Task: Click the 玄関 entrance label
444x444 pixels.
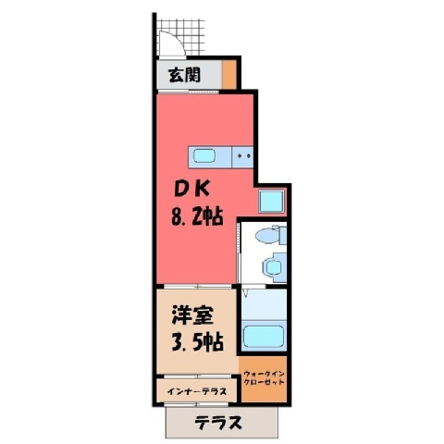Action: click(x=184, y=75)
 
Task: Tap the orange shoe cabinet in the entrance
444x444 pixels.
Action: click(x=228, y=74)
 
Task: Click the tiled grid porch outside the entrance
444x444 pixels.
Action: click(x=181, y=37)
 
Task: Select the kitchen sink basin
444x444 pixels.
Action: click(x=203, y=156)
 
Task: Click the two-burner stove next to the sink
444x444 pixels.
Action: click(x=242, y=157)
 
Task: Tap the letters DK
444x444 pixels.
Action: click(x=191, y=189)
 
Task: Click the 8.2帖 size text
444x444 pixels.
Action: click(x=197, y=216)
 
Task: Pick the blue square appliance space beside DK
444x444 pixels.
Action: click(x=271, y=202)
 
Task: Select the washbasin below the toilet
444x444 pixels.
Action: click(x=272, y=265)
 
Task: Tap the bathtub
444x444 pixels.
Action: click(x=264, y=338)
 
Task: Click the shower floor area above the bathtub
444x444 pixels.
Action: click(x=264, y=304)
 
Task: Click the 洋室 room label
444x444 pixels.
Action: click(x=191, y=315)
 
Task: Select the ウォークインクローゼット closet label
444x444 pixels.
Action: click(x=264, y=378)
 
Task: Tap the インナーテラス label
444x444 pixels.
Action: click(x=197, y=391)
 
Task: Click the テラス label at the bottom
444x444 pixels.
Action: click(x=218, y=423)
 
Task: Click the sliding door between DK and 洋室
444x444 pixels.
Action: click(x=197, y=287)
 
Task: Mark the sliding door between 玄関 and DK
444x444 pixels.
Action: click(x=188, y=92)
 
